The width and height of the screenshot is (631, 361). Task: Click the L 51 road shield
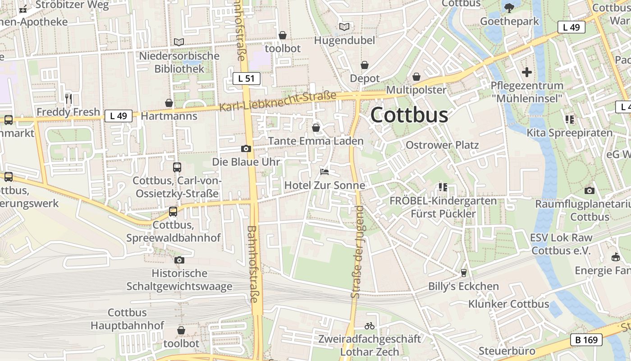(247, 79)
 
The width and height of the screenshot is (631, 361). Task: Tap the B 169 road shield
(586, 340)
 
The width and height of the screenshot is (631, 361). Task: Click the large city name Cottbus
(409, 115)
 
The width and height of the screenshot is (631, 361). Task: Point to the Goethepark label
(509, 21)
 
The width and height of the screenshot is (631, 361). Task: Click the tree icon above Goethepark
(509, 8)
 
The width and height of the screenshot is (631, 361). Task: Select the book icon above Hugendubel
(344, 27)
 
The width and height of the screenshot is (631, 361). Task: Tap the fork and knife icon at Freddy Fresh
(69, 98)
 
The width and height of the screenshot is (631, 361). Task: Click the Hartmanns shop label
(169, 116)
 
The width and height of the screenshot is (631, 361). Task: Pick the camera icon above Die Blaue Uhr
(246, 148)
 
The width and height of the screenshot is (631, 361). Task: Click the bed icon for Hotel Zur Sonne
(325, 171)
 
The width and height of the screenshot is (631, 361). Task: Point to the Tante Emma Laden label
(315, 141)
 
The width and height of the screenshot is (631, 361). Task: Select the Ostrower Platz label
(442, 145)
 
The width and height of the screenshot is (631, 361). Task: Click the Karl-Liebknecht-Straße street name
(278, 102)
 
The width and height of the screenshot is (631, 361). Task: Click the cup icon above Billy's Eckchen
(463, 273)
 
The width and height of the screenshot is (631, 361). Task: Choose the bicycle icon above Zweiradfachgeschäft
(370, 325)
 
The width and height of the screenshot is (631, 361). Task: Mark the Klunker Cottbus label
(508, 304)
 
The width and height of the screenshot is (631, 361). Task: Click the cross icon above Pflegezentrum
(527, 72)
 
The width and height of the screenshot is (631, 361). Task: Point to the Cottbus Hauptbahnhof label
(127, 319)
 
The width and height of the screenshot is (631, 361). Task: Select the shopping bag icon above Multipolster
(416, 77)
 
